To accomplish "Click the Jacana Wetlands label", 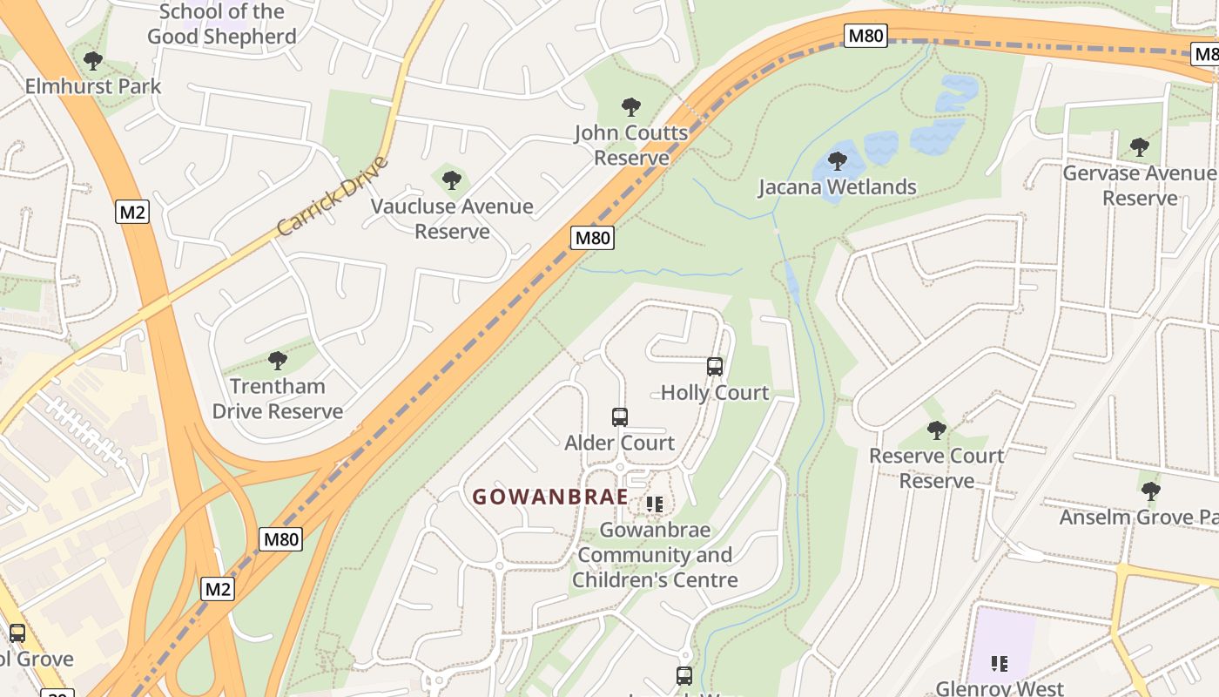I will (x=837, y=187).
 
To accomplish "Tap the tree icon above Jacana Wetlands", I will (x=838, y=161).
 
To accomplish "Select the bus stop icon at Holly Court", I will (x=715, y=367).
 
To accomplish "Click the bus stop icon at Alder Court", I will (x=620, y=417).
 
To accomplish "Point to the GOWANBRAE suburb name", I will (x=550, y=497).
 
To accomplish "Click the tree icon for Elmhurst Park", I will (x=93, y=61).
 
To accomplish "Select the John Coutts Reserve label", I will (x=631, y=145).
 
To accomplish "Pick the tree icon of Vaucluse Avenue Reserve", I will (x=451, y=180).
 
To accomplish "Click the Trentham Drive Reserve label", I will (x=278, y=399).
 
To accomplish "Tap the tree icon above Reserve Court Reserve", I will (x=937, y=430).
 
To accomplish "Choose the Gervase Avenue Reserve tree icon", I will (x=1139, y=147).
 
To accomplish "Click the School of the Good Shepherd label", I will (x=222, y=24).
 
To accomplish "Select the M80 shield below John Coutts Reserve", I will (x=593, y=238).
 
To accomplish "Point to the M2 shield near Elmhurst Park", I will (x=132, y=212).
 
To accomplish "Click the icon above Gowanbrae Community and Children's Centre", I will (x=655, y=504).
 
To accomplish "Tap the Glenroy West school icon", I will (x=1000, y=664).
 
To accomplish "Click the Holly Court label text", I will (x=715, y=393).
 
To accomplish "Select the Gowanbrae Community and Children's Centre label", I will (x=655, y=555).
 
